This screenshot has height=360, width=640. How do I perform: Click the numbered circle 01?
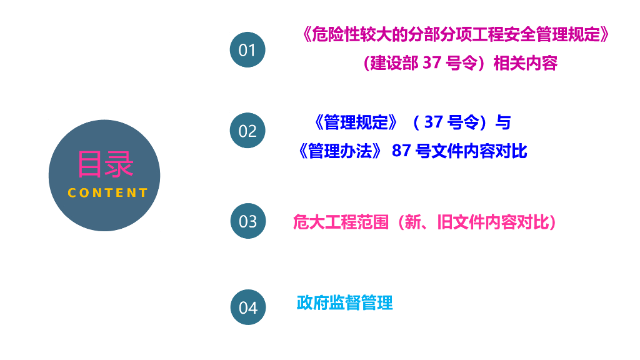[247, 50]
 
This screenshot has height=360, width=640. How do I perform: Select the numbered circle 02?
[247, 131]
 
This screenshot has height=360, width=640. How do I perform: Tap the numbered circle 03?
[247, 221]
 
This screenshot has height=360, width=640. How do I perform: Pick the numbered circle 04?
[247, 307]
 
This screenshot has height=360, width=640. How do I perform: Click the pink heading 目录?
[105, 164]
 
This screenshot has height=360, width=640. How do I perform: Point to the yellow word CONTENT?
[107, 193]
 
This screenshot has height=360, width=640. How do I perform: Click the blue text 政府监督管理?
[344, 303]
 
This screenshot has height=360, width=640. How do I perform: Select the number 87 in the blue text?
[401, 151]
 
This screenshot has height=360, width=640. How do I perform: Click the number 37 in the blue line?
[434, 122]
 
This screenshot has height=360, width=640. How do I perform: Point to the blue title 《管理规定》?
[354, 122]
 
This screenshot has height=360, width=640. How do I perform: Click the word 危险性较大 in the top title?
[344, 34]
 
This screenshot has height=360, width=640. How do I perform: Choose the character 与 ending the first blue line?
[502, 122]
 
